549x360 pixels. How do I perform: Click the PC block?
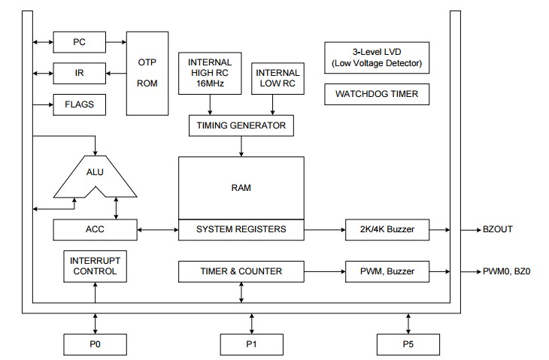79,42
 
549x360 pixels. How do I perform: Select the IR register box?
79,73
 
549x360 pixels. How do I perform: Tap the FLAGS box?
79,104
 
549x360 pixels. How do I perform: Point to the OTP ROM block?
147,73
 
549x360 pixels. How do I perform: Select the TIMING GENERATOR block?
241,126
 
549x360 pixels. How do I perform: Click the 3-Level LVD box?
377,58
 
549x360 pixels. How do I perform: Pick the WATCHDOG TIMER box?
377,95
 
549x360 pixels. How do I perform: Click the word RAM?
241,187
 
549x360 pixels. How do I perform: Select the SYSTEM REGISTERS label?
241,229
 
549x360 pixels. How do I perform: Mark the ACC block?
95,229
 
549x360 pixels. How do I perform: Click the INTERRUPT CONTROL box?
95,266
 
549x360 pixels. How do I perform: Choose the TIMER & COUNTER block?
241,271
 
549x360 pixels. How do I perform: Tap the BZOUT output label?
499,229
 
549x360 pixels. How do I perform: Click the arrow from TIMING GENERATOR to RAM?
241,147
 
